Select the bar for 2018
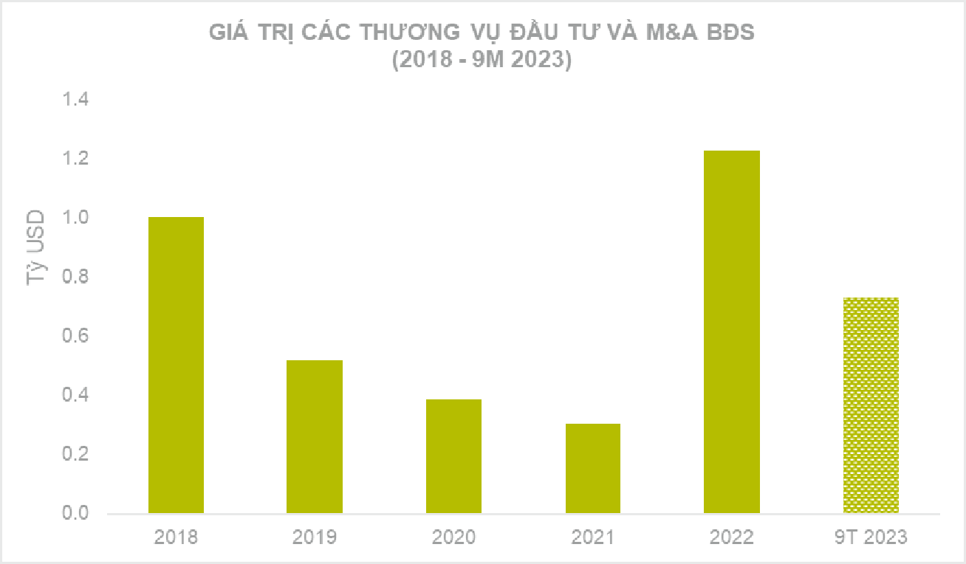pyautogui.click(x=176, y=365)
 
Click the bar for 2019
pyautogui.click(x=315, y=436)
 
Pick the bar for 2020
pyautogui.click(x=453, y=456)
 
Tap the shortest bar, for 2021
pyautogui.click(x=592, y=468)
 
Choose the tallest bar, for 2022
pyautogui.click(x=731, y=331)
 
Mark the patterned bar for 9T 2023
pyautogui.click(x=871, y=405)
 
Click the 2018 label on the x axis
pyautogui.click(x=176, y=537)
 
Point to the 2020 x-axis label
pyautogui.click(x=453, y=537)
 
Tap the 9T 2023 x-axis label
pyautogui.click(x=871, y=537)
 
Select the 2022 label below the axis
pyautogui.click(x=731, y=537)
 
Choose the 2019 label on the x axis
pyautogui.click(x=315, y=537)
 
